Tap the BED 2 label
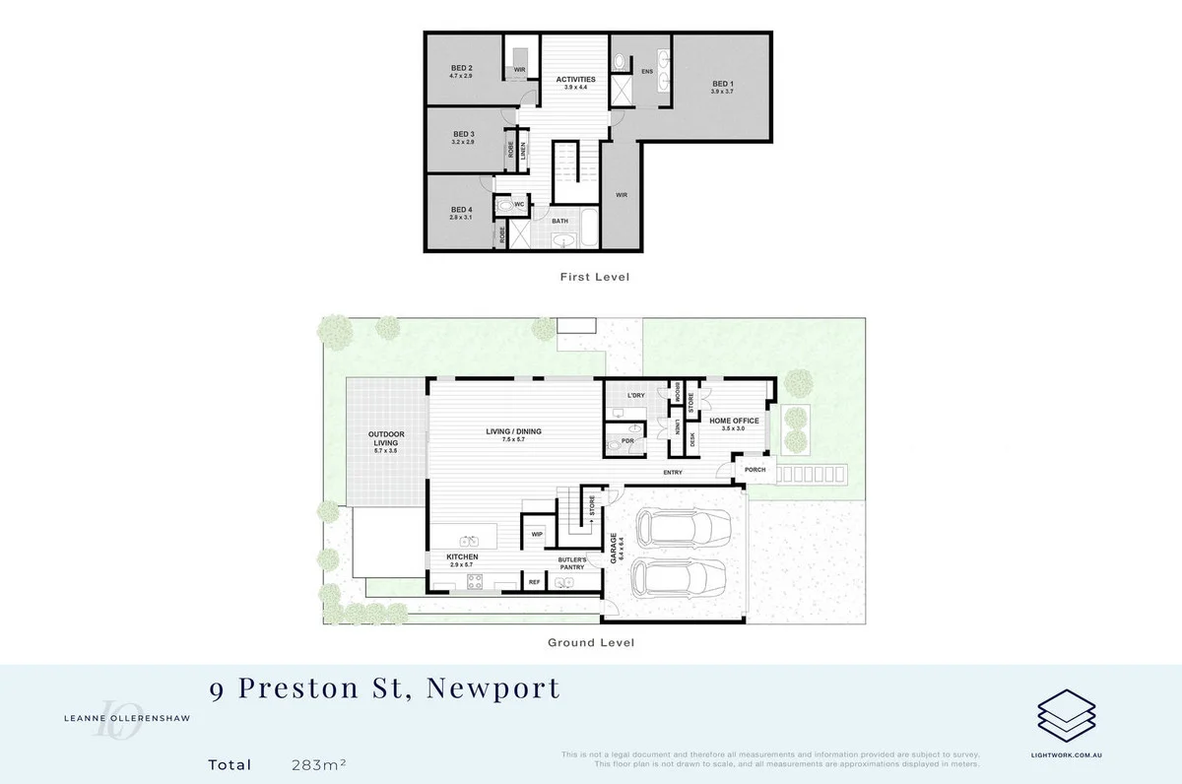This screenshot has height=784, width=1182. click(462, 69)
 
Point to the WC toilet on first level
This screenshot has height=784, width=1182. click(506, 205)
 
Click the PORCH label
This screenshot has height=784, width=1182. click(755, 469)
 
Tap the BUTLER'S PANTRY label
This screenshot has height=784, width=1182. click(571, 563)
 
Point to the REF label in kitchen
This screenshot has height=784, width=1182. click(534, 582)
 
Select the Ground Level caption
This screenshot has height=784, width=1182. click(590, 642)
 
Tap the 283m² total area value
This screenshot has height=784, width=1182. click(318, 764)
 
